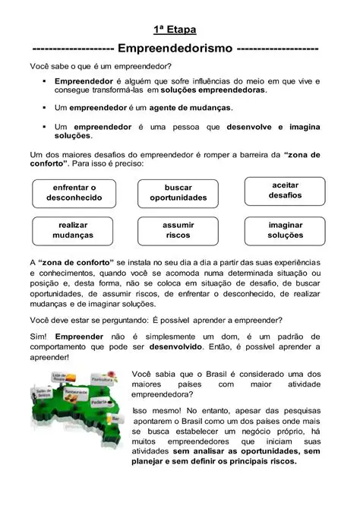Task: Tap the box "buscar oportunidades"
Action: [178, 192]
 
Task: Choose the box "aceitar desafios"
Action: [285, 190]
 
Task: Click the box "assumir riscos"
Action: [178, 230]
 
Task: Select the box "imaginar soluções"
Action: [285, 230]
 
